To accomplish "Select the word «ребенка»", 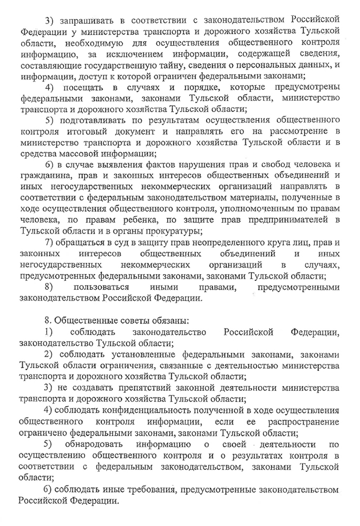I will click(138, 219).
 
